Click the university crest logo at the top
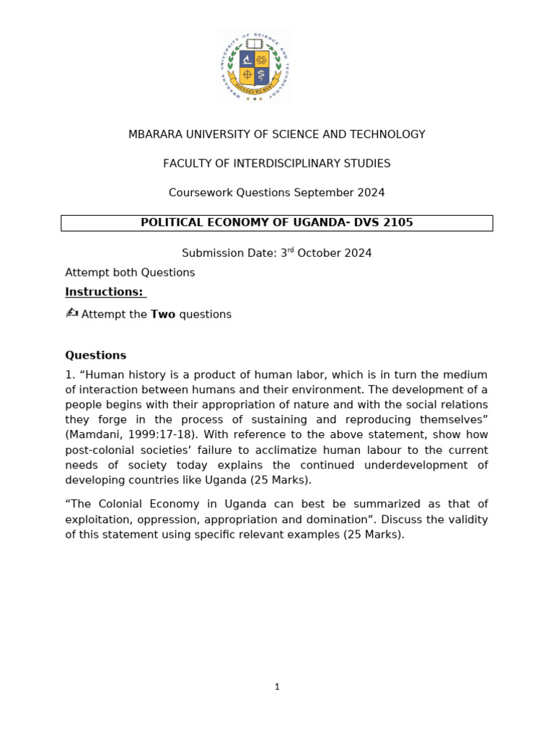[x=254, y=66]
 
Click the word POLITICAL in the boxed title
[x=171, y=223]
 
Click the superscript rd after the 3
[x=291, y=250]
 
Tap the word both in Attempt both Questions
[x=122, y=273]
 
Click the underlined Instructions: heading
[x=104, y=292]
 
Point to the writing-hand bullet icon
[x=71, y=313]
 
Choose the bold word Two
[x=163, y=315]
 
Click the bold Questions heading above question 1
[x=95, y=356]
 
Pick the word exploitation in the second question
[x=97, y=520]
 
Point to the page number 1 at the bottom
[x=277, y=687]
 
